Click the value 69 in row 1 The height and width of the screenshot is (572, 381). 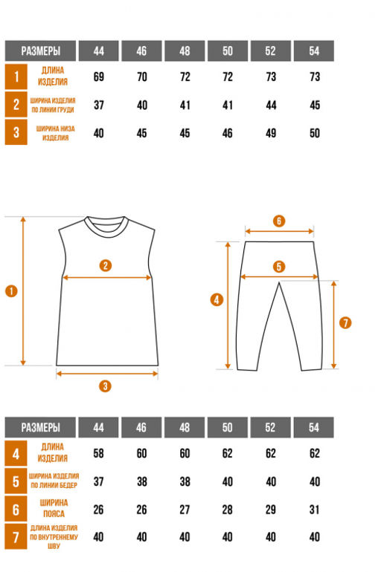point(99,77)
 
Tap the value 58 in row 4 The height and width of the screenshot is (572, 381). point(99,453)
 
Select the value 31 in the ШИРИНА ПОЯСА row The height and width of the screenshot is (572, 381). point(315,510)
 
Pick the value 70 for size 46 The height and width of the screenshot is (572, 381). point(141,77)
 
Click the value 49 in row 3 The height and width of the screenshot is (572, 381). point(271,133)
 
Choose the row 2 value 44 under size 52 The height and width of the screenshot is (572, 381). point(271,105)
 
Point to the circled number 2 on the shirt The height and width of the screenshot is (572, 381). point(106,265)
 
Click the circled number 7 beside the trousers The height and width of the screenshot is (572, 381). point(345,323)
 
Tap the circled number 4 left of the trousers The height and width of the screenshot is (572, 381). point(217,300)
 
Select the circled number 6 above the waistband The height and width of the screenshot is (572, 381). point(279,221)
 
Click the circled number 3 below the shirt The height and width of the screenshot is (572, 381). point(105,386)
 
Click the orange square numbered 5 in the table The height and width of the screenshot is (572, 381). point(16,481)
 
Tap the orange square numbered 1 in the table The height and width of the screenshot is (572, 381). point(16,77)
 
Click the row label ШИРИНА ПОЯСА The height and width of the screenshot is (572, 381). point(54,508)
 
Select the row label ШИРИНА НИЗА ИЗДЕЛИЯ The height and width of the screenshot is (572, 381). point(55,133)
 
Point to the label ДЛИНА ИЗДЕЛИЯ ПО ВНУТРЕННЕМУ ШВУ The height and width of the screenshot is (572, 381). point(54,537)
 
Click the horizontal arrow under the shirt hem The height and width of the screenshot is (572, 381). point(107,374)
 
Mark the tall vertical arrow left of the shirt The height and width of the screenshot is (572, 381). point(23,291)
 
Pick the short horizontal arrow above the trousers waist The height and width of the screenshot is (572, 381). point(280,231)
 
